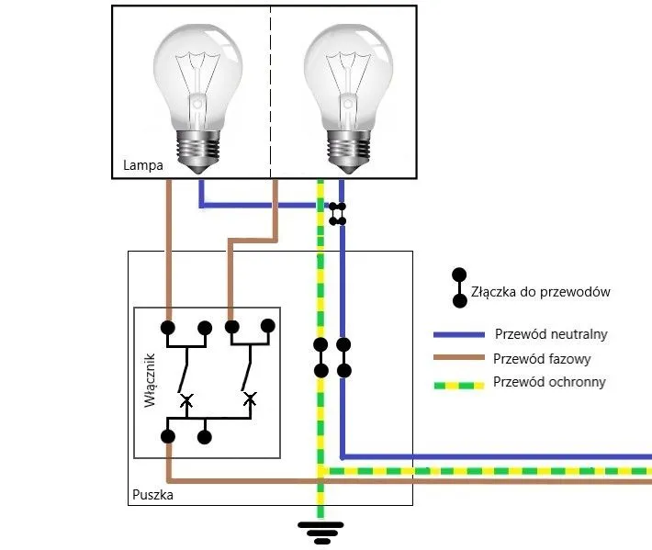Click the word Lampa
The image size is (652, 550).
click(142, 167)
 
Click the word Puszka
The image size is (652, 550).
click(152, 495)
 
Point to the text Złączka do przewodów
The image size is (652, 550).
click(540, 292)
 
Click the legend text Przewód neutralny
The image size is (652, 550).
click(551, 333)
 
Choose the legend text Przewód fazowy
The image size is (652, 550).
click(542, 359)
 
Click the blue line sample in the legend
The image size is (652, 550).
click(459, 334)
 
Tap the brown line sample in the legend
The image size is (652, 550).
click(459, 360)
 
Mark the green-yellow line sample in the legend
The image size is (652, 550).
click(459, 384)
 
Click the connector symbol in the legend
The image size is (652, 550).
click(456, 287)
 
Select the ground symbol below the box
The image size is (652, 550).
click(320, 530)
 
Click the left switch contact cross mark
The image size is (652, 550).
click(187, 399)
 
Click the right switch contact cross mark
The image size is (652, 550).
click(249, 398)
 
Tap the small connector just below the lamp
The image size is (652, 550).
click(338, 214)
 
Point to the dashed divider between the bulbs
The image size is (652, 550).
click(272, 92)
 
